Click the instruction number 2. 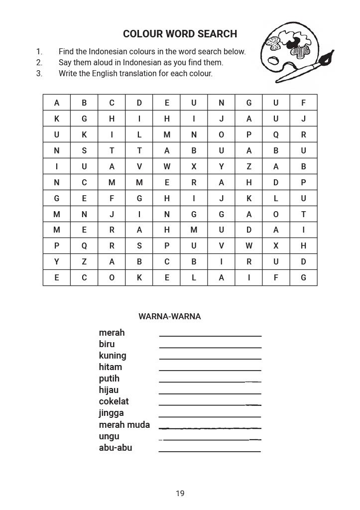pos(39,62)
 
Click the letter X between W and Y pos(194,166)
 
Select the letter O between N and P pos(221,134)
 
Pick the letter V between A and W pos(139,166)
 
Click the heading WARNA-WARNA pos(170,316)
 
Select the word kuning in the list pos(113,356)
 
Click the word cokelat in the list pos(114,401)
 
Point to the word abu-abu pos(116,447)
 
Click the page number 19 pos(180,494)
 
